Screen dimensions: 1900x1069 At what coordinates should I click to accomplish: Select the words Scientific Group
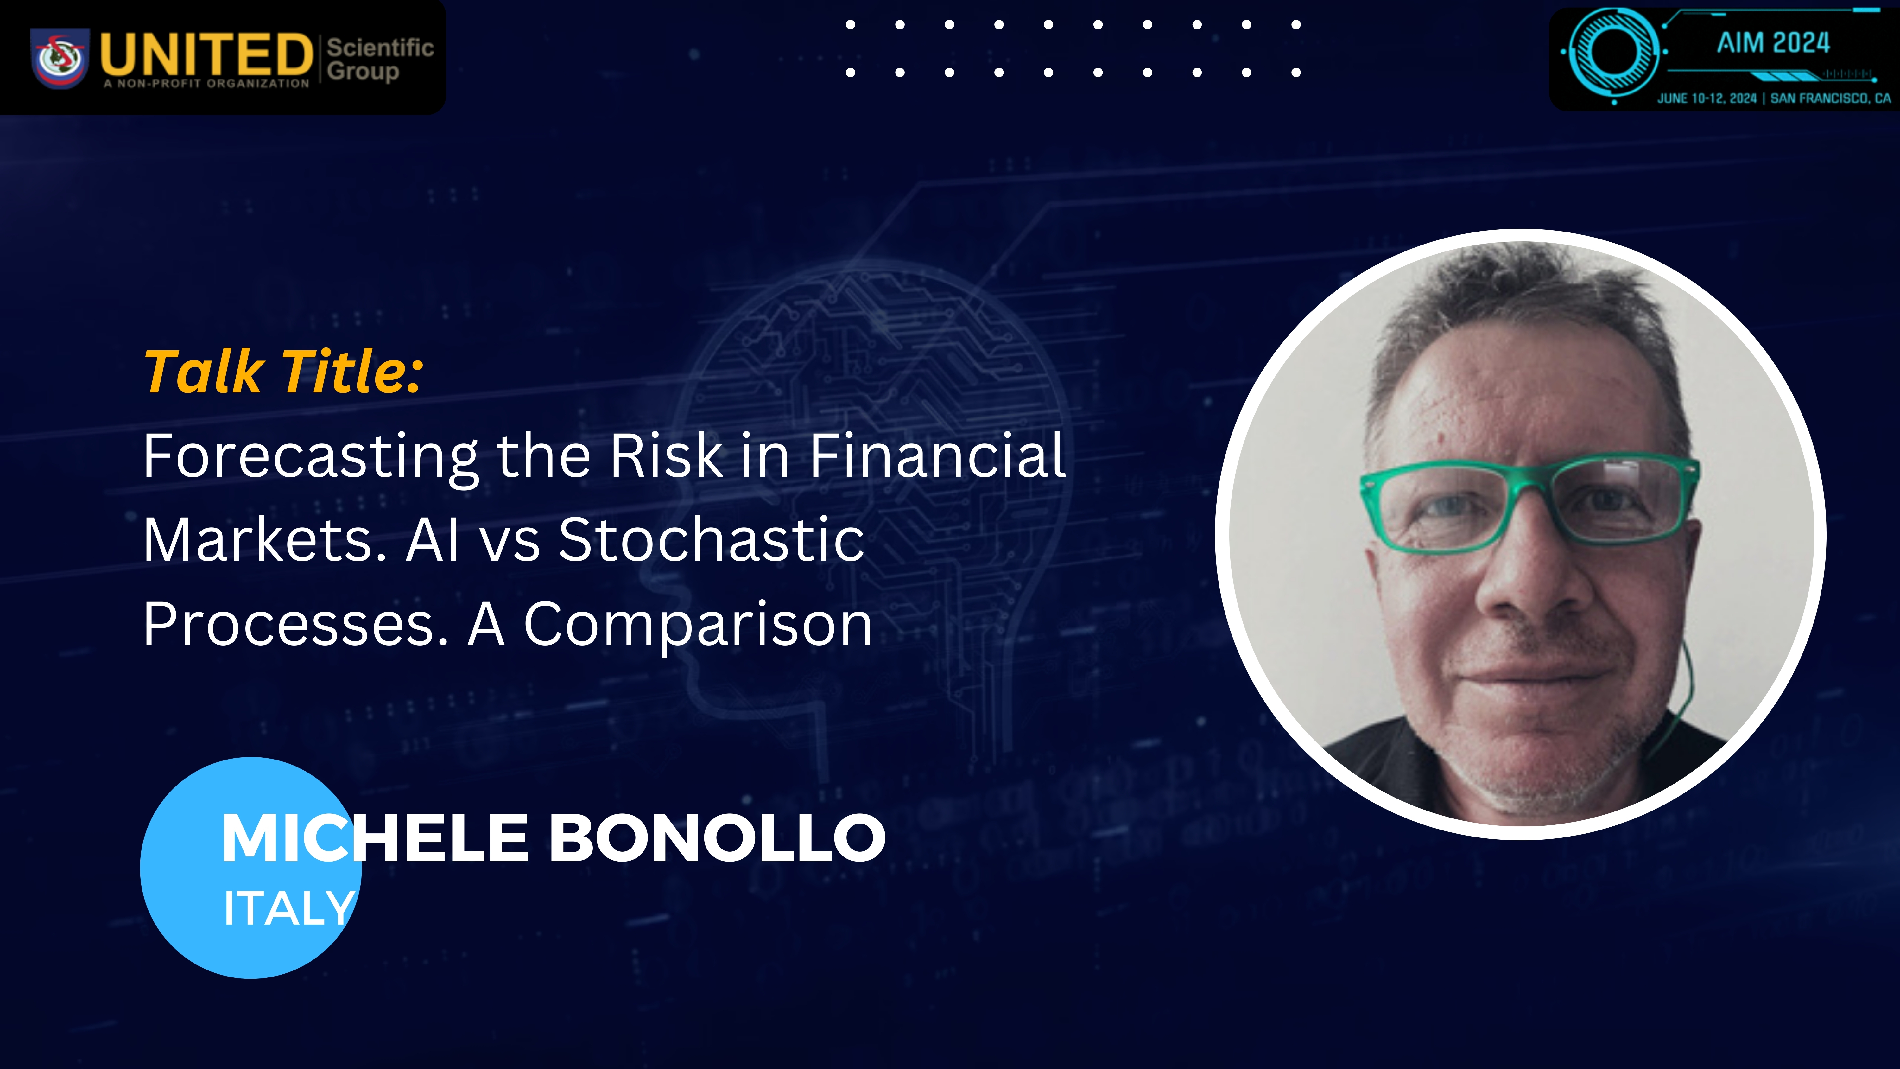coord(380,59)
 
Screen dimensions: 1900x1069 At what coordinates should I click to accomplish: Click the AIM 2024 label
coord(1773,43)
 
